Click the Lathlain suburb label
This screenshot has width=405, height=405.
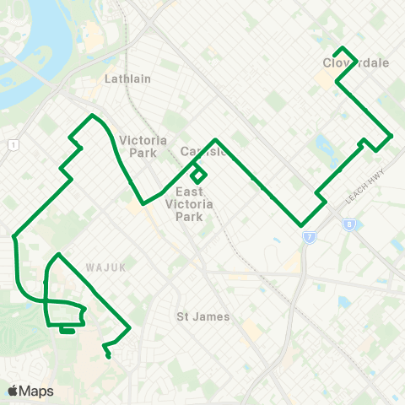point(127,78)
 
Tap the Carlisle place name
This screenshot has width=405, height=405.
point(203,152)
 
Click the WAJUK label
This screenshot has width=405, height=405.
point(105,267)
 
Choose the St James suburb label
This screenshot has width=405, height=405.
point(197,317)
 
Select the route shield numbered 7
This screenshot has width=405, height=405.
point(309,237)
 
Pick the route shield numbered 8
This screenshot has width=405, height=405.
point(348,224)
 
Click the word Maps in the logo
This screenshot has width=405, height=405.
point(36,391)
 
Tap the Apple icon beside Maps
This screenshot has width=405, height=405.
point(13,390)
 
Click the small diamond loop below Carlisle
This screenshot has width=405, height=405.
point(198,175)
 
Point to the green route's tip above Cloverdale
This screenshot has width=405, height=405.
point(342,47)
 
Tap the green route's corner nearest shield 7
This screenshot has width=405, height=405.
point(301,225)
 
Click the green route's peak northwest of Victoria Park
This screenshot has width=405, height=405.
point(91,115)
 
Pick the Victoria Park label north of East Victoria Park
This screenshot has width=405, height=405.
point(143,146)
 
